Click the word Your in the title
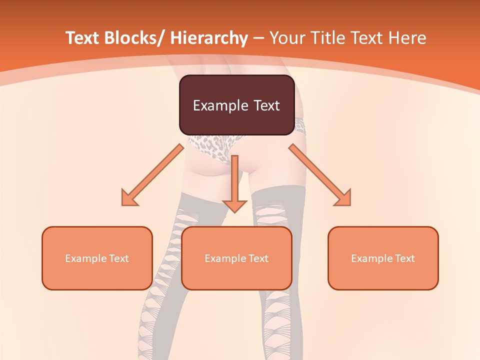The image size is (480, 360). tap(287, 38)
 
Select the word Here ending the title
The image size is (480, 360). tap(408, 38)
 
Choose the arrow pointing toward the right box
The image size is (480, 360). tap(319, 174)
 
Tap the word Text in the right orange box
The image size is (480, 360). tap(404, 258)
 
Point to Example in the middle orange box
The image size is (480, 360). tap(224, 258)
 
